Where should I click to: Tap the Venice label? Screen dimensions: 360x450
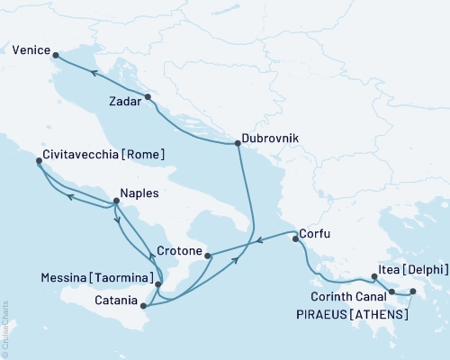31,53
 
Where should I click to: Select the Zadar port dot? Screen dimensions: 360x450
148,96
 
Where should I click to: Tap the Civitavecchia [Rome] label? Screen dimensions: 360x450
103,155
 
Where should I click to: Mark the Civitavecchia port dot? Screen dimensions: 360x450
39,163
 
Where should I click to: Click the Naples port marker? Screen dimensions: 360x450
116,202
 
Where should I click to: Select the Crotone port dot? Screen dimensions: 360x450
208,256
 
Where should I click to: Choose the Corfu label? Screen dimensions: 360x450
317,235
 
